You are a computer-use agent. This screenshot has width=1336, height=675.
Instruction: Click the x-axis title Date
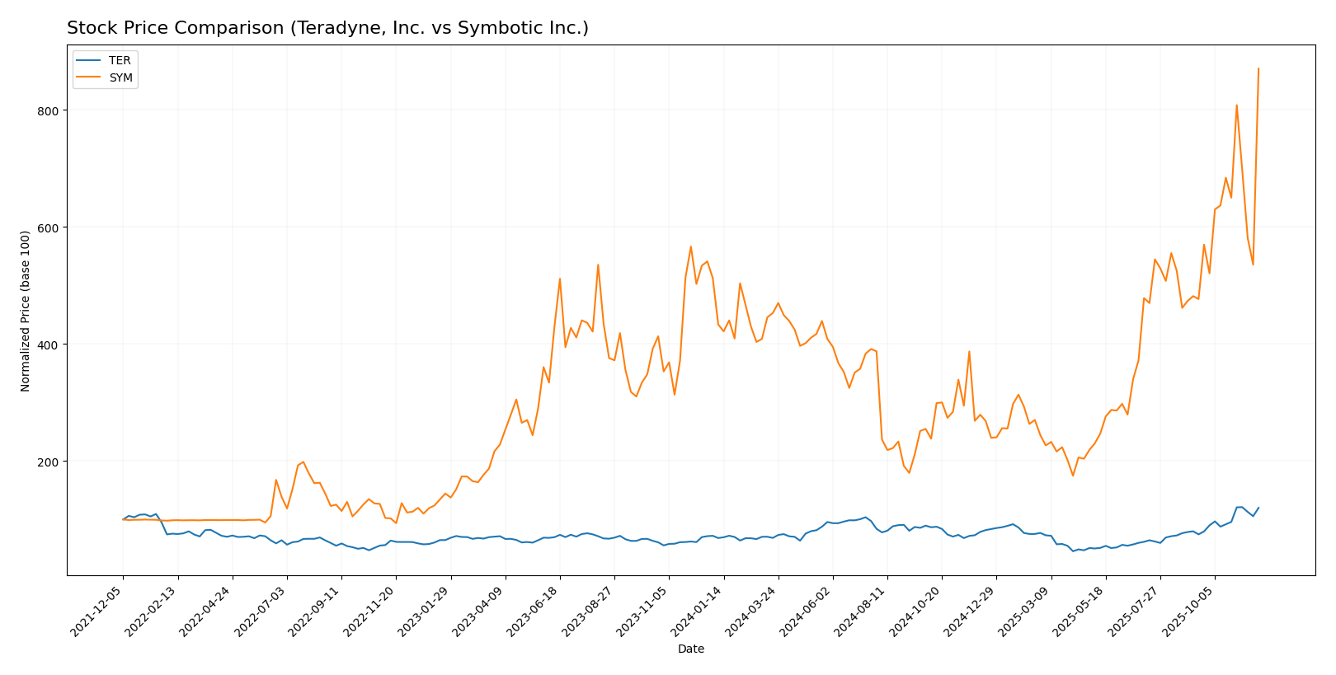(691, 649)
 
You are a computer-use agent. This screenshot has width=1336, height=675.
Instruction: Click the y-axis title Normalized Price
(26, 311)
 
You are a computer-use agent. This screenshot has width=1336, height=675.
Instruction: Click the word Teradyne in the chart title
(325, 29)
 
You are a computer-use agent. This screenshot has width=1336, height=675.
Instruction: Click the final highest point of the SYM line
(1258, 68)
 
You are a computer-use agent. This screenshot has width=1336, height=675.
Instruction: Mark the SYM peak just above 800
(1236, 105)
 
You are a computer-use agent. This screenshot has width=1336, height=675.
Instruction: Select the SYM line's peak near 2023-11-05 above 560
(691, 246)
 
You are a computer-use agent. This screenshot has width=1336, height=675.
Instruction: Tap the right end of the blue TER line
(1258, 508)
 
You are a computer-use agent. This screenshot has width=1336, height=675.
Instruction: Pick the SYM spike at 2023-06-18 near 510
(560, 279)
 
